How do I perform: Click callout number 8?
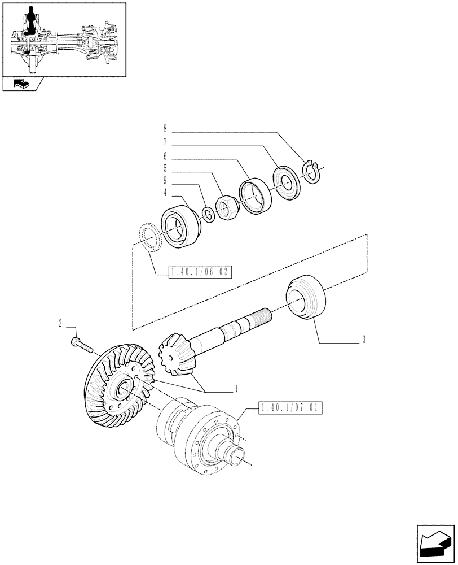pyautogui.click(x=165, y=128)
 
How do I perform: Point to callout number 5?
pyautogui.click(x=165, y=168)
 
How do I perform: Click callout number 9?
pyautogui.click(x=165, y=181)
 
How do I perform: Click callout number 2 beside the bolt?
pyautogui.click(x=60, y=324)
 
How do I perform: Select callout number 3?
pyautogui.click(x=364, y=340)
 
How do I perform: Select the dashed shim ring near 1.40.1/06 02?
pyautogui.click(x=151, y=236)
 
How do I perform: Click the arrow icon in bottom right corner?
pyautogui.click(x=435, y=543)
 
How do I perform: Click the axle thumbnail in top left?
pyautogui.click(x=63, y=40)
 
